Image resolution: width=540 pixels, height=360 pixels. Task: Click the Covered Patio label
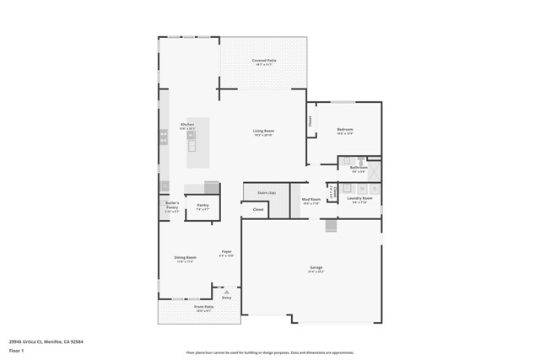pos(264,61)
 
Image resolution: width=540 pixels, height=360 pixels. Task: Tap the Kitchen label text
pos(187,125)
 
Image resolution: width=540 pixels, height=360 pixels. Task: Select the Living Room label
pos(264,131)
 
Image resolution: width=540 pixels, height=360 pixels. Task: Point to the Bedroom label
pos(345,129)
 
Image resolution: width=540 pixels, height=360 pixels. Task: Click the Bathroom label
pos(359,168)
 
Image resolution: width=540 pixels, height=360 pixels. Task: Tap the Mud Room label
pos(311,200)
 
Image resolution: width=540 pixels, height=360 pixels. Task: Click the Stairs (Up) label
pos(267,193)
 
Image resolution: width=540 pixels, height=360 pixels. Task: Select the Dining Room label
pos(186,258)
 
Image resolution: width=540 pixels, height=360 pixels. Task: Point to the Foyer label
pos(227,252)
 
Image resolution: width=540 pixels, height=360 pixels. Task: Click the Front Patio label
pos(205,307)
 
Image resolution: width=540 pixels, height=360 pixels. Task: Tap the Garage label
pos(316,269)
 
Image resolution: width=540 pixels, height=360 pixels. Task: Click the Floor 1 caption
pos(16,350)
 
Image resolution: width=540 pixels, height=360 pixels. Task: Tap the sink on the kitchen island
pos(192,145)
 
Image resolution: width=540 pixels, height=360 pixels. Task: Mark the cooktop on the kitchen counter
pos(164,137)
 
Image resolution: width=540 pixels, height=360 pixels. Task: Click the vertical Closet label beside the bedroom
pos(310,121)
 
